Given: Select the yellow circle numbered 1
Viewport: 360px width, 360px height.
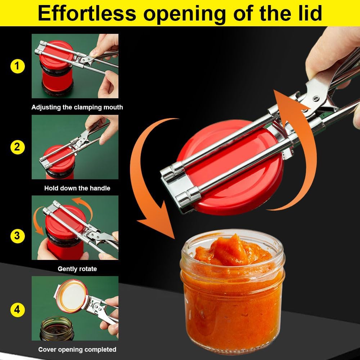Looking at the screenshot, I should point(17,66).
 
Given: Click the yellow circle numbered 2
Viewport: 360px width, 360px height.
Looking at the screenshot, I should point(17,147).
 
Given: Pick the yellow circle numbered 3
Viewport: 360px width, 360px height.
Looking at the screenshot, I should point(17,236).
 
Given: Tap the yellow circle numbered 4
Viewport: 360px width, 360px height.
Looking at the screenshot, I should point(17,310).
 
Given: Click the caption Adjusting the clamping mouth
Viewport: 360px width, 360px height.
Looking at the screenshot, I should point(77,107).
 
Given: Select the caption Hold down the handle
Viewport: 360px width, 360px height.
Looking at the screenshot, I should point(77,188).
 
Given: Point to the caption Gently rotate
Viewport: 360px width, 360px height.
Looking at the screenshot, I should point(77,269).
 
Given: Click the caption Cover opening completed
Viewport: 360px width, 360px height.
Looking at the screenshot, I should point(77,349).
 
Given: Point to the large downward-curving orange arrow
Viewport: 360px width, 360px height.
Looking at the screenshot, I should point(151,180).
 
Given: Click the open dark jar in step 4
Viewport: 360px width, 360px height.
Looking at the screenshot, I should point(57,328).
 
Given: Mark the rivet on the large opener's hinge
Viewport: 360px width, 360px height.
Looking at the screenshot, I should point(316,98).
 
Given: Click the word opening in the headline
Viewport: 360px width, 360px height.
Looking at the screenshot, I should point(184,13).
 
